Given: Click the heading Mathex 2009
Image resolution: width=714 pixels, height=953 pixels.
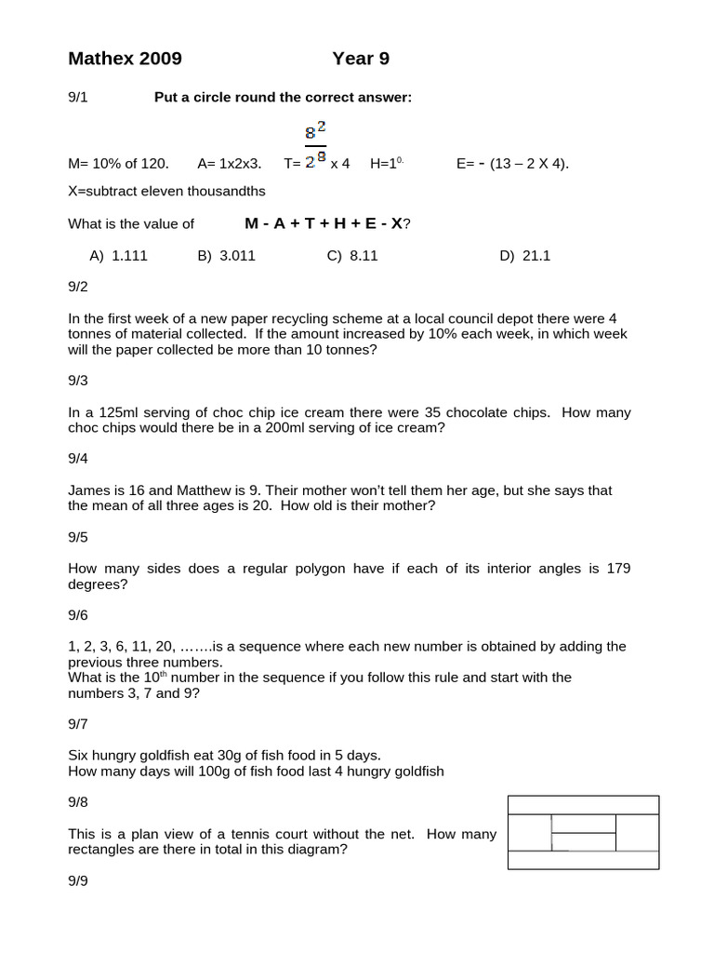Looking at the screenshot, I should click(125, 60).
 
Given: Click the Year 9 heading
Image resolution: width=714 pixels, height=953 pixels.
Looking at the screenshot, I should click(361, 60).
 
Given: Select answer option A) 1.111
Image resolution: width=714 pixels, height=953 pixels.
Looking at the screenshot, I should click(118, 256).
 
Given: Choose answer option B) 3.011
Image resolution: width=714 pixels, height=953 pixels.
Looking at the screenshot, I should click(226, 256).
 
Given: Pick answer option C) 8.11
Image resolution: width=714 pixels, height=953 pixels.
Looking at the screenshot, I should click(352, 256).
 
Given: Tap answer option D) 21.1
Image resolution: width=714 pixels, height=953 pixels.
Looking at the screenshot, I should click(524, 256).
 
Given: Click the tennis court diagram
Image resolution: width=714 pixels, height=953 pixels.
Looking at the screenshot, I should click(583, 832).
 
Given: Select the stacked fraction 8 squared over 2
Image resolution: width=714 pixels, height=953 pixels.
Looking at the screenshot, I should click(315, 144).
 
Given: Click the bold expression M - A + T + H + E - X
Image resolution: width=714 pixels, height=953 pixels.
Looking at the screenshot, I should click(325, 223).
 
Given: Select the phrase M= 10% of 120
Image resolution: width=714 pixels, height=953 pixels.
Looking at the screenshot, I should click(119, 164).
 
